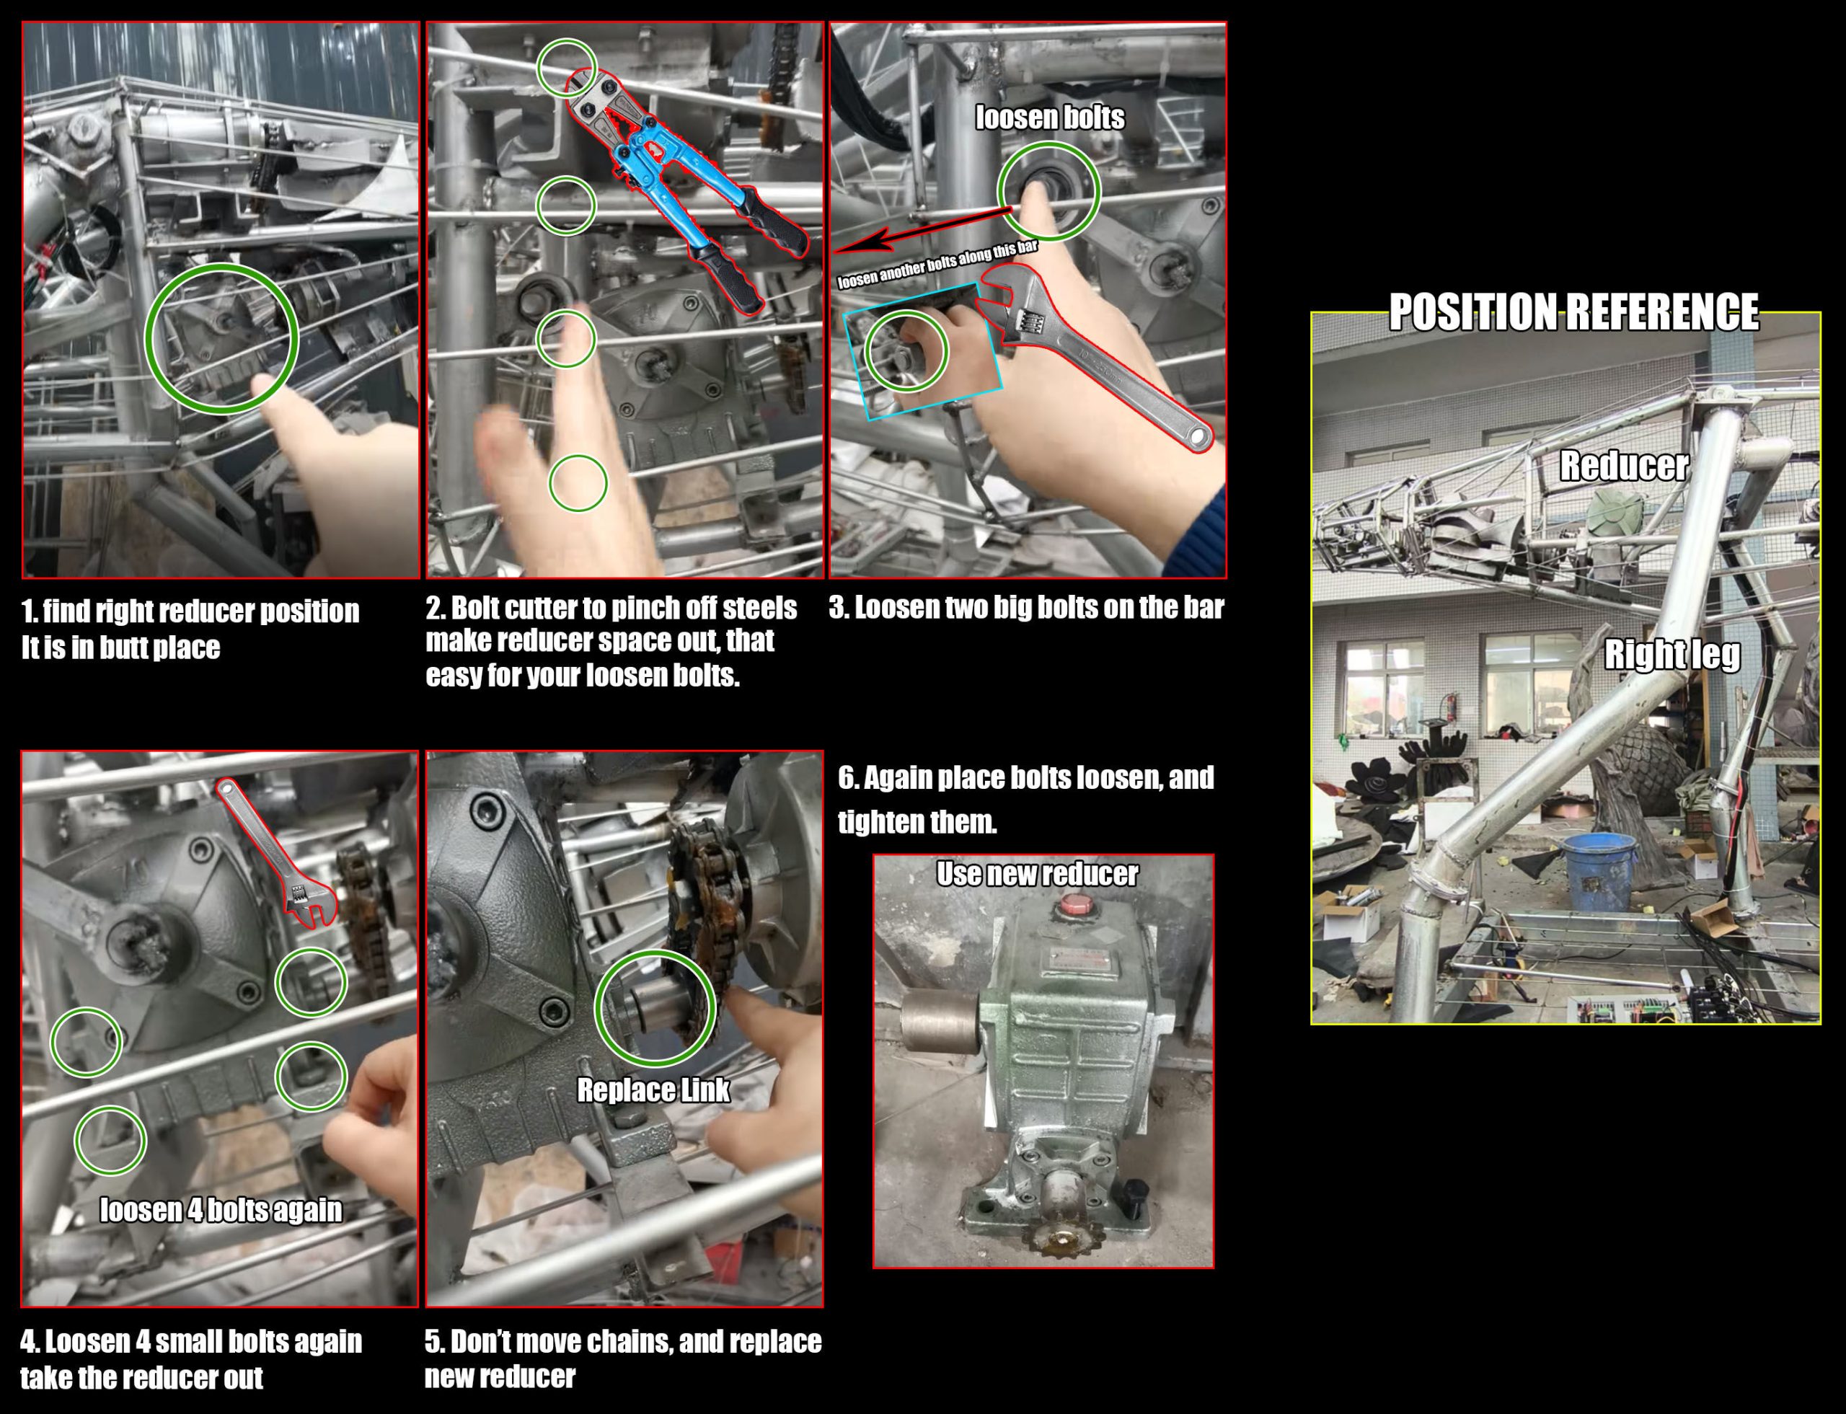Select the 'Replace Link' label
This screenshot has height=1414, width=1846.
click(x=653, y=1090)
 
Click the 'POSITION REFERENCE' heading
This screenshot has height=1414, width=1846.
click(x=1573, y=311)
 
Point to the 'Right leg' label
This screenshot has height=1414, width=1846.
click(x=1671, y=655)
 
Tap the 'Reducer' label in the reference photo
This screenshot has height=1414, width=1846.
click(x=1624, y=465)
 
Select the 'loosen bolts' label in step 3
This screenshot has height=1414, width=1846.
click(x=1050, y=117)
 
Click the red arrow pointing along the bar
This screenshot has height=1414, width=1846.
click(x=922, y=231)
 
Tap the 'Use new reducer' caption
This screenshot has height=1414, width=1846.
click(x=1037, y=874)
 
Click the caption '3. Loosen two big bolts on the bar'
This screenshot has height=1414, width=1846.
click(x=1026, y=608)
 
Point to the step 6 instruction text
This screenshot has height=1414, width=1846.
click(x=1025, y=799)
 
